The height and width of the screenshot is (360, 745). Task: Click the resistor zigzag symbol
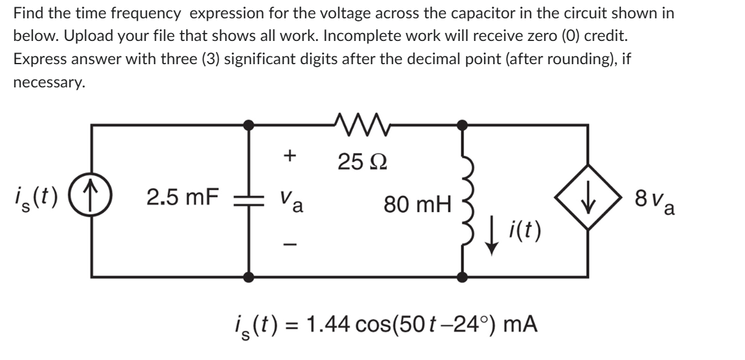tap(355, 116)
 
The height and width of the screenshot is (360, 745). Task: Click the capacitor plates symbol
tap(249, 200)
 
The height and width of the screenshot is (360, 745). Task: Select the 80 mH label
tap(417, 203)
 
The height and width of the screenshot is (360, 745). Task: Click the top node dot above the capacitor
tap(249, 125)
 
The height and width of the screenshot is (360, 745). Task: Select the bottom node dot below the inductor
tap(463, 277)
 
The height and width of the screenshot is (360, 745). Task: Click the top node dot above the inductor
tap(463, 125)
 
